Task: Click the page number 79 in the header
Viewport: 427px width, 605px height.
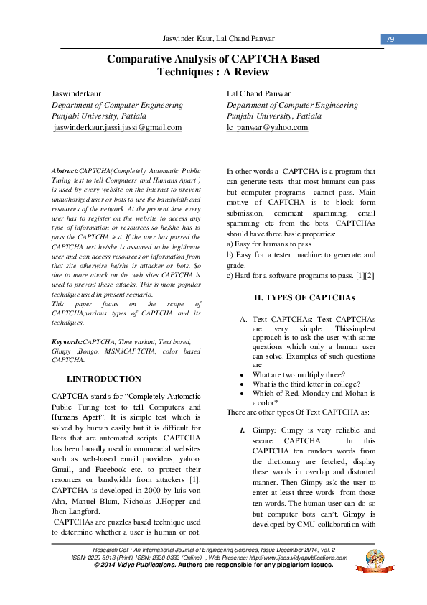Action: [390, 39]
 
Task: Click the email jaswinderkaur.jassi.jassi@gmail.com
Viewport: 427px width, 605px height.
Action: [117, 127]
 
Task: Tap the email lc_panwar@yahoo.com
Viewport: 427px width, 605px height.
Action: [267, 127]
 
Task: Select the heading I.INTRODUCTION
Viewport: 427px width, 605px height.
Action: [103, 379]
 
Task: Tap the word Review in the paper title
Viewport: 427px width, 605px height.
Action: [249, 72]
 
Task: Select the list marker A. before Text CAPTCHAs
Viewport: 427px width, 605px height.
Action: [244, 319]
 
